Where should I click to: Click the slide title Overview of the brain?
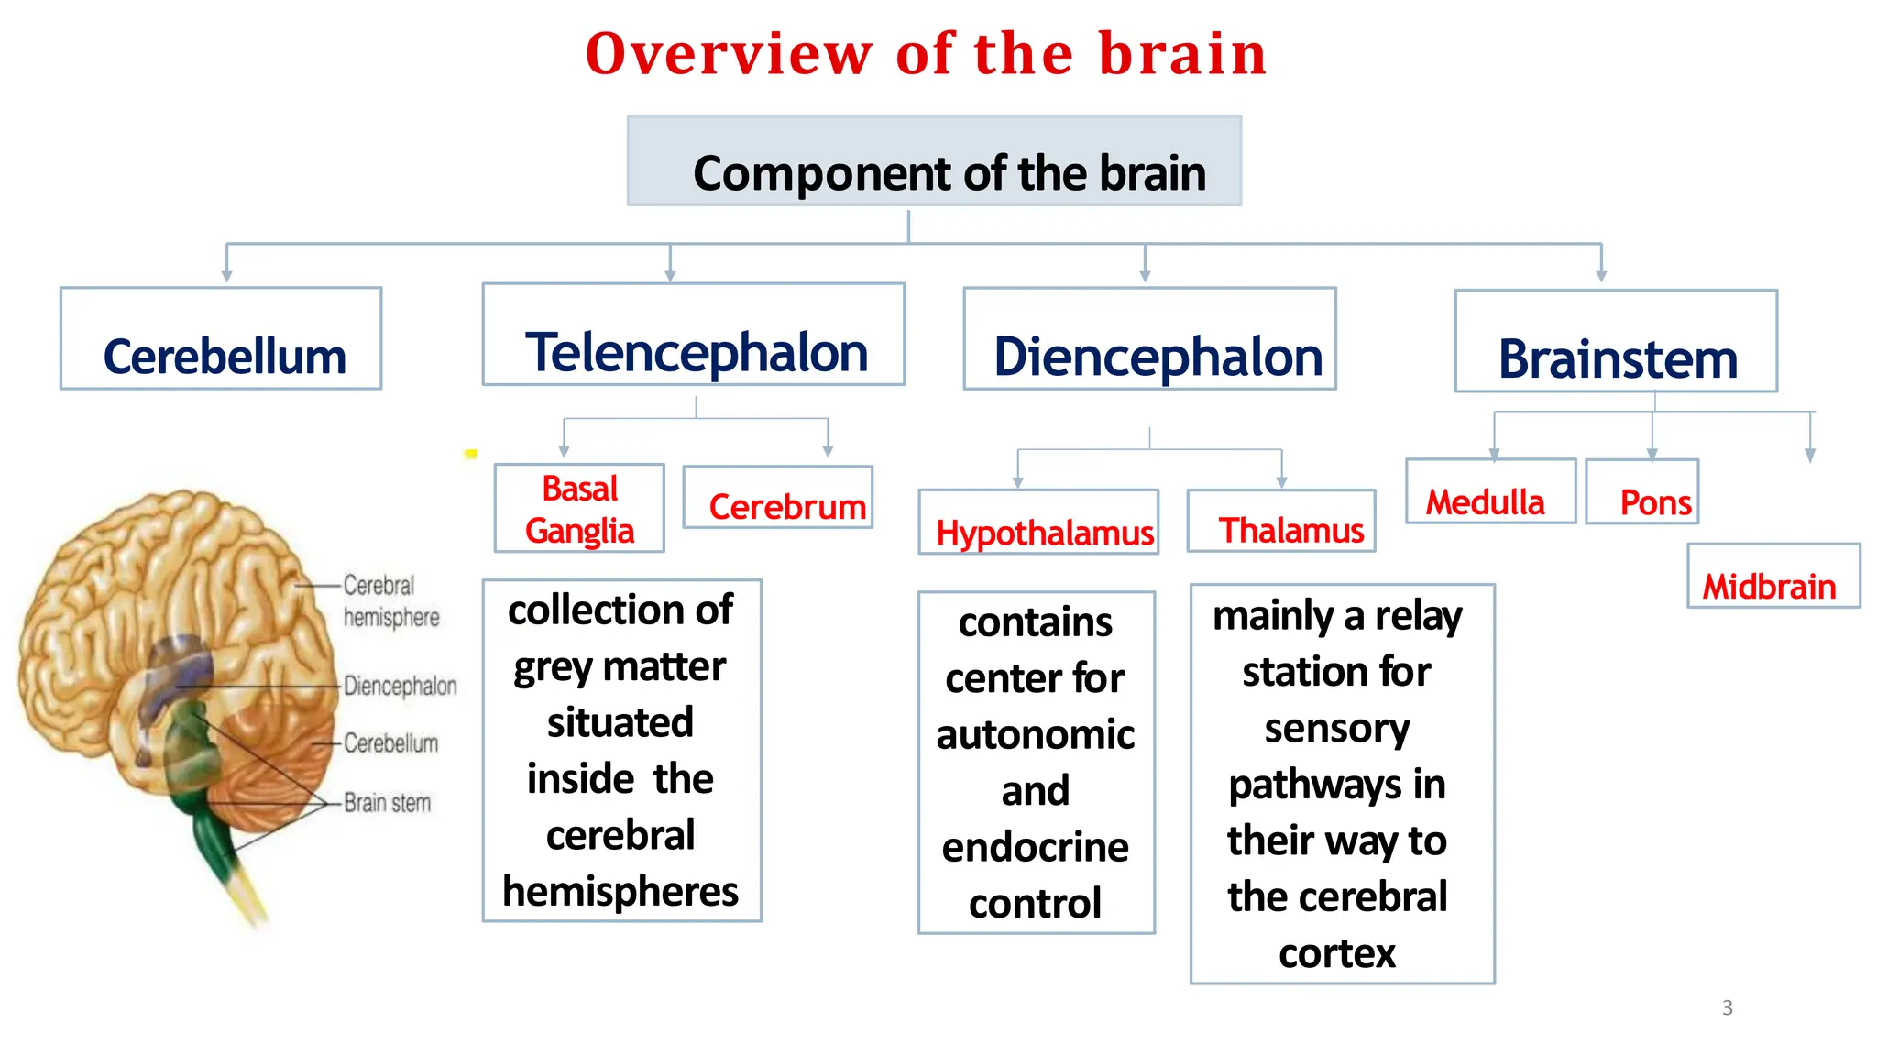tap(926, 53)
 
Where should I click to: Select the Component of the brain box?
tap(934, 161)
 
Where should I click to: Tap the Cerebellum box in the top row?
tap(221, 339)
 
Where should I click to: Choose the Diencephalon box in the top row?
tap(1149, 339)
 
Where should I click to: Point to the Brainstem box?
tap(1616, 342)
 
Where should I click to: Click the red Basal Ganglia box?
tap(579, 509)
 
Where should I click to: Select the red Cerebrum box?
tap(778, 498)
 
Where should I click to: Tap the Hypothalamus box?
tap(1038, 522)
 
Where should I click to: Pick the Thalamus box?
tap(1281, 522)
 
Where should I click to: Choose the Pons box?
tap(1642, 492)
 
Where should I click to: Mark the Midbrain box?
tap(1773, 577)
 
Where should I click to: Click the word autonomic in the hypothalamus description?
tap(1036, 735)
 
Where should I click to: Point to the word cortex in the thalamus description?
tap(1337, 953)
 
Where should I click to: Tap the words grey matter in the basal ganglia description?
tap(620, 666)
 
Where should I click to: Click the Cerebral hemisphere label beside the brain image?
tap(390, 600)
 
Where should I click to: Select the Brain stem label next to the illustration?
tap(387, 803)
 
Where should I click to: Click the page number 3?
tap(1727, 1007)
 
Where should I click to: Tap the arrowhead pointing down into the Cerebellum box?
tap(226, 275)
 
